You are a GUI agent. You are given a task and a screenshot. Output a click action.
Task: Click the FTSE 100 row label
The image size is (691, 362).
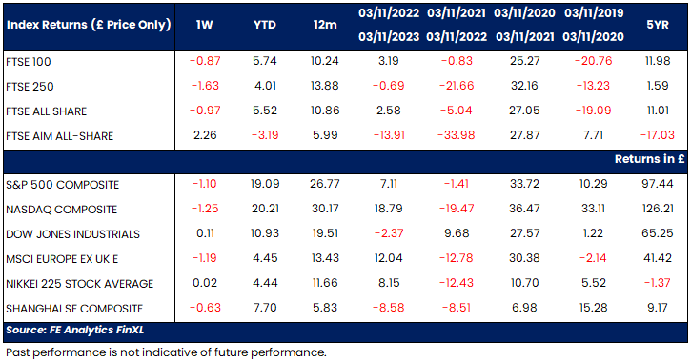[29, 62]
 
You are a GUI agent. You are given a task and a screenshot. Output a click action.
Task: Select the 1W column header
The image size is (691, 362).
[205, 25]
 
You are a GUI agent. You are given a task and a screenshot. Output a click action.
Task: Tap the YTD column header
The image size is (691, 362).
[265, 25]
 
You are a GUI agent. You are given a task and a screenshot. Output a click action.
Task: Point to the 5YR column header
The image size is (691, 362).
[658, 25]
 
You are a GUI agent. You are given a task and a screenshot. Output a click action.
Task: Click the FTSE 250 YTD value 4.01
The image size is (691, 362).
[265, 86]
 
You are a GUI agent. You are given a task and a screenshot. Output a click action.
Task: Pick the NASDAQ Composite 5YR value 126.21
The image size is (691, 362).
[658, 209]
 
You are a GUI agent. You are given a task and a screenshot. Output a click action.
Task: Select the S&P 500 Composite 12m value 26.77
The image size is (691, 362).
[325, 184]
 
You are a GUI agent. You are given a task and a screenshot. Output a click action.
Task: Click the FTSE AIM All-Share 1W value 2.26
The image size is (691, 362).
[205, 134]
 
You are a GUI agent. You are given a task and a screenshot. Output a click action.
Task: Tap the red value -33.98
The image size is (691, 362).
[457, 134]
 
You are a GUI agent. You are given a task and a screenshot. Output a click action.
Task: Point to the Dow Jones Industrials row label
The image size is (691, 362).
[72, 234]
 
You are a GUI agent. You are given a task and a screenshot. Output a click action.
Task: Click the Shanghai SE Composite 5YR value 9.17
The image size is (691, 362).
[658, 308]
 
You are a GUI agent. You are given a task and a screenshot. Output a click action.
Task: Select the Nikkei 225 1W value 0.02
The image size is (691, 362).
[205, 283]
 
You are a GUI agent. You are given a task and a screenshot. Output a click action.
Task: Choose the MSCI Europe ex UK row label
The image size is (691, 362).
[62, 259]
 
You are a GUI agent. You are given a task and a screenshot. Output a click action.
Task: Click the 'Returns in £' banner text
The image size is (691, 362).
[650, 159]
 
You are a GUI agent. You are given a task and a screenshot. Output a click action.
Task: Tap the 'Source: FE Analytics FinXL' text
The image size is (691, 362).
[75, 330]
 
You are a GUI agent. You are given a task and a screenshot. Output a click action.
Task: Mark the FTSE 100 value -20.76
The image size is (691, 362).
[593, 61]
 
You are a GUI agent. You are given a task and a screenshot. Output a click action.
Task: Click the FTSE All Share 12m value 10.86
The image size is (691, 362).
[325, 111]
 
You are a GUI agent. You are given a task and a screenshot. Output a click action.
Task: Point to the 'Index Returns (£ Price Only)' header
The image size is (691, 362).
[89, 25]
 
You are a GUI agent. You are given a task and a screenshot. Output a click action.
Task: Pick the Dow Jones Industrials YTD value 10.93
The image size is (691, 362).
[265, 233]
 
